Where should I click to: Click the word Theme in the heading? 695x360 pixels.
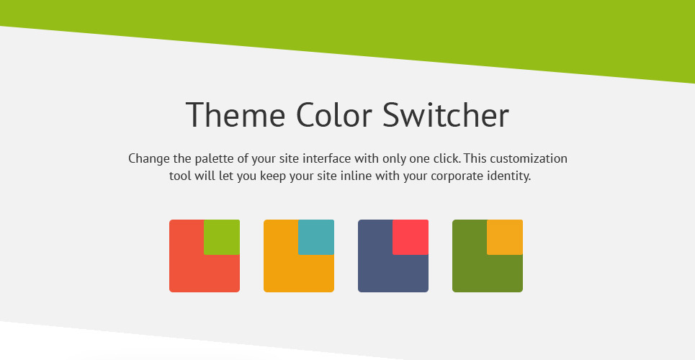click(x=236, y=114)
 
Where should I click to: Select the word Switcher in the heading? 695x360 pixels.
click(x=446, y=114)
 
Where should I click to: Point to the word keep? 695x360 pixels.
click(x=273, y=176)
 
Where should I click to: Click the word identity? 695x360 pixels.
click(x=510, y=176)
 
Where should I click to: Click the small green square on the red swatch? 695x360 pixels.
click(x=222, y=237)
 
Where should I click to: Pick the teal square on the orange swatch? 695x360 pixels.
click(x=316, y=237)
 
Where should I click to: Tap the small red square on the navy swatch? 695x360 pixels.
click(x=411, y=237)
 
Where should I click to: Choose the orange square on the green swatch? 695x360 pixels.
click(x=505, y=237)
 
